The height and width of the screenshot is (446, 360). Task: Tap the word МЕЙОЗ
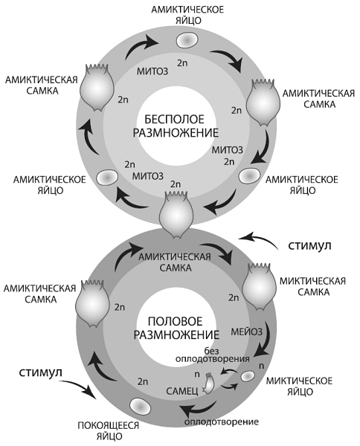pyautogui.click(x=246, y=332)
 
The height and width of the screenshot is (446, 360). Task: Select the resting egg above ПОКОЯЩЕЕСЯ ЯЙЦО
pyautogui.click(x=141, y=407)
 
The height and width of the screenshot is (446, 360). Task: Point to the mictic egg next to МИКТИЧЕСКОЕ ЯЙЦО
pyautogui.click(x=248, y=376)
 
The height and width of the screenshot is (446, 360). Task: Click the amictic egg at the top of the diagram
pyautogui.click(x=187, y=40)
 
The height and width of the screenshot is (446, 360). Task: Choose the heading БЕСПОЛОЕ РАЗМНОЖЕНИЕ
pyautogui.click(x=176, y=126)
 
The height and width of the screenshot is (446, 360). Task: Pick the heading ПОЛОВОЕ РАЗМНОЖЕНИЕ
pyautogui.click(x=176, y=328)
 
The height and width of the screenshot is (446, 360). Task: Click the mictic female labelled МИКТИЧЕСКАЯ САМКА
pyautogui.click(x=258, y=287)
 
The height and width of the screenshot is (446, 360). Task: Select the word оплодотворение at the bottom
pyautogui.click(x=222, y=421)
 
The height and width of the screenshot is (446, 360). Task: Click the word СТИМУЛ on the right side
pyautogui.click(x=309, y=245)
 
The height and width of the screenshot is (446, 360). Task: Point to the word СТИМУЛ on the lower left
pyautogui.click(x=40, y=372)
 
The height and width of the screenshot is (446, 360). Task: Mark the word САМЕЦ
pyautogui.click(x=182, y=392)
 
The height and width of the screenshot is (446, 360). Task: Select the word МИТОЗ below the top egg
pyautogui.click(x=152, y=71)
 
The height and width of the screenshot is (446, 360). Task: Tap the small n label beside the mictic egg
pyautogui.click(x=261, y=366)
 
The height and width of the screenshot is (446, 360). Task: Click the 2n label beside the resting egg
pyautogui.click(x=143, y=381)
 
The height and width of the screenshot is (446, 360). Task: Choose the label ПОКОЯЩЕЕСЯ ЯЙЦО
pyautogui.click(x=108, y=431)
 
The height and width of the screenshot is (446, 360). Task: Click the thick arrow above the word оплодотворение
pyautogui.click(x=199, y=410)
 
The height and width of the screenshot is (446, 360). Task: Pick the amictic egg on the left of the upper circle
pyautogui.click(x=106, y=178)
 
